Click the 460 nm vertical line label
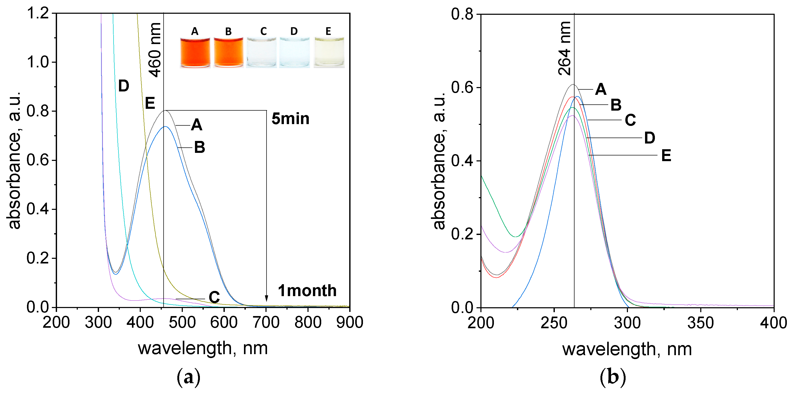click(x=155, y=50)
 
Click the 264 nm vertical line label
click(x=564, y=48)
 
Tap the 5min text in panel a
click(x=290, y=119)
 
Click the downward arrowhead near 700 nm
click(x=266, y=298)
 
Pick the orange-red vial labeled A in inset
click(x=195, y=52)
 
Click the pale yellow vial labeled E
click(x=329, y=52)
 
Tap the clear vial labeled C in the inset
click(x=261, y=52)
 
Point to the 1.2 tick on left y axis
click(x=38, y=13)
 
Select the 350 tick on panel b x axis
click(x=701, y=323)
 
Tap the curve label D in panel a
click(x=123, y=86)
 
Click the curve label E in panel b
click(x=666, y=155)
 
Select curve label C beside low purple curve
click(x=214, y=297)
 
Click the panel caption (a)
click(x=188, y=377)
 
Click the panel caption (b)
click(x=613, y=377)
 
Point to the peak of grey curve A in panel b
click(x=573, y=84)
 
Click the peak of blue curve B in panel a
click(x=165, y=126)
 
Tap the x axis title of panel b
click(x=627, y=349)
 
